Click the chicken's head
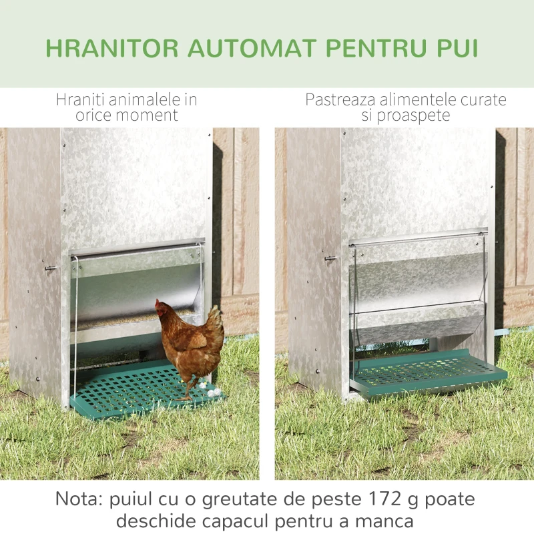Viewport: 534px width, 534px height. [x=162, y=308]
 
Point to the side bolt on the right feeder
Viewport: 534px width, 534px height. [x=329, y=258]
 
